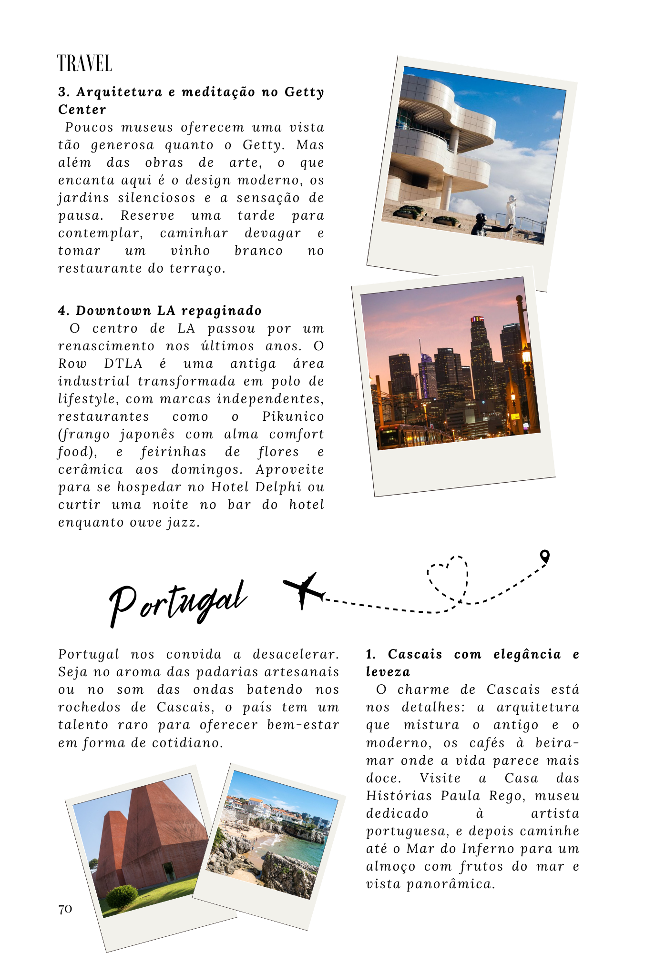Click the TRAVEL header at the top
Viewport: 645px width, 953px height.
pos(84,63)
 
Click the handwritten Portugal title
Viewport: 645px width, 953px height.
pos(177,602)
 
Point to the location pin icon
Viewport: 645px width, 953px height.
pos(544,556)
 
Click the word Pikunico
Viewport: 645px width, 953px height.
pos(293,416)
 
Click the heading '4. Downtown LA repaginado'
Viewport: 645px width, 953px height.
pos(160,311)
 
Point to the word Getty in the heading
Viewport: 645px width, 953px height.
pos(304,91)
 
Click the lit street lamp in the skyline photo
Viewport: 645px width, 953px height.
pos(526,355)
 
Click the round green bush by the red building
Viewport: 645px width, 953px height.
pos(122,896)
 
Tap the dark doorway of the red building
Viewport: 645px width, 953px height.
pos(169,872)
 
